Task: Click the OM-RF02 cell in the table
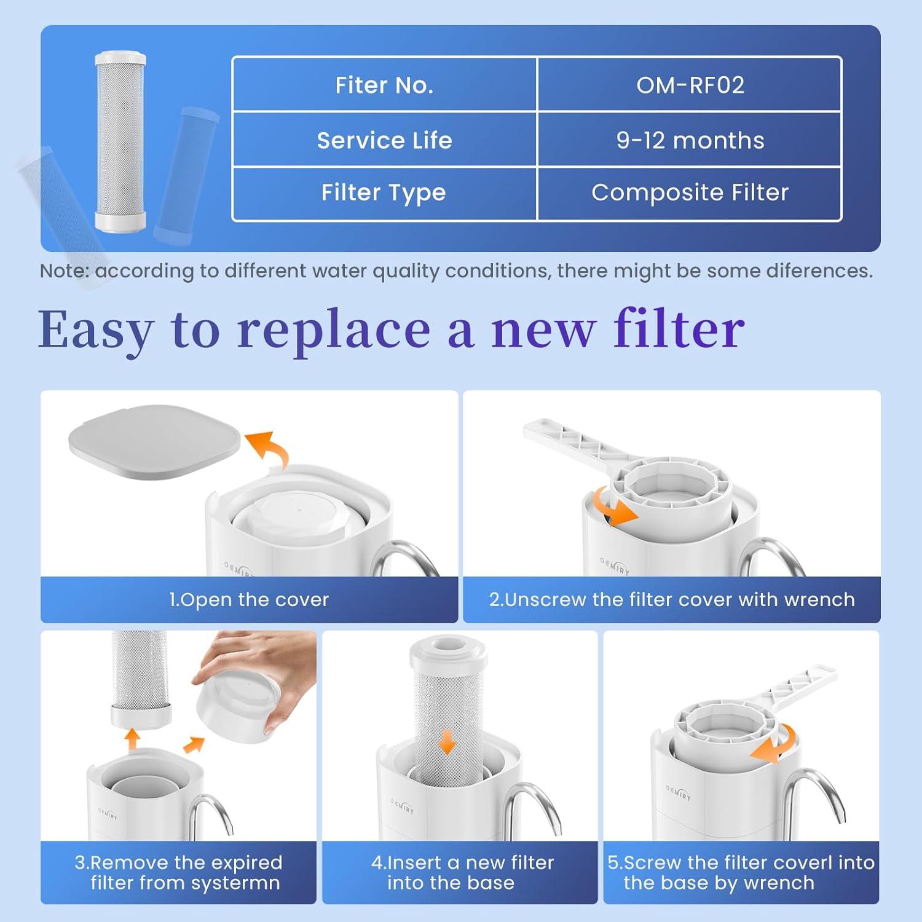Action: pyautogui.click(x=690, y=85)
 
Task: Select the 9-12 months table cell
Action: pyautogui.click(x=690, y=140)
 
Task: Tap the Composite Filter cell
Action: pyautogui.click(x=690, y=193)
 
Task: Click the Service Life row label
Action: pyautogui.click(x=384, y=140)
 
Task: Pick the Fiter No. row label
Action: pyautogui.click(x=384, y=85)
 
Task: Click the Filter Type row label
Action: pyautogui.click(x=384, y=193)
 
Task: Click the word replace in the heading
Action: pyautogui.click(x=334, y=330)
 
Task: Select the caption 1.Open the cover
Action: pyautogui.click(x=249, y=599)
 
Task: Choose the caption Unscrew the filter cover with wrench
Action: pyautogui.click(x=671, y=599)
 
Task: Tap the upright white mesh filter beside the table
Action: pyautogui.click(x=120, y=141)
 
